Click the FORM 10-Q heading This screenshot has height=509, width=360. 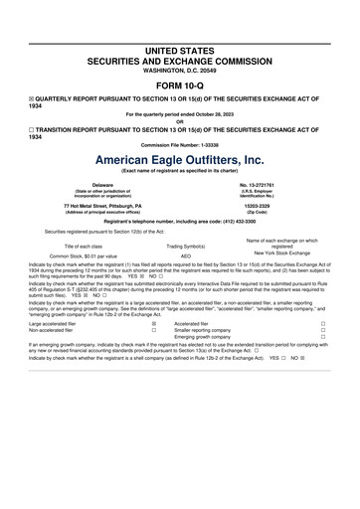click(x=179, y=85)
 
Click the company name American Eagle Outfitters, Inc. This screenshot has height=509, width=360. click(x=179, y=159)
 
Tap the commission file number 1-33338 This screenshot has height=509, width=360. click(x=204, y=145)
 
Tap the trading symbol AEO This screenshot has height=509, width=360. click(x=186, y=255)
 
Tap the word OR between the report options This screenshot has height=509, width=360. click(x=179, y=121)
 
